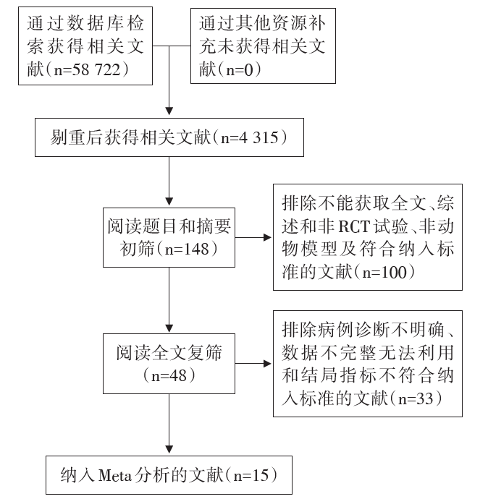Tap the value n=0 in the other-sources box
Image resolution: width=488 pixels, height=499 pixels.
coord(240,69)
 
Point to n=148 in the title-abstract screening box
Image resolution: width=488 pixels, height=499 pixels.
coord(187,249)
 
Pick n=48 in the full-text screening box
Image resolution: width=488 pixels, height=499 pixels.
coord(169,376)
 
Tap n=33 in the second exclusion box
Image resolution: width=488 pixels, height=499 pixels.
coord(416,398)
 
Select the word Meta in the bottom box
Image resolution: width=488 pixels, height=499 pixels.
coord(115,476)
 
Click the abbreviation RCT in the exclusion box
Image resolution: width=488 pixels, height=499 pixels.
coord(353,226)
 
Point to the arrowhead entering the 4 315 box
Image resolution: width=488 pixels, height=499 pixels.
coord(169,111)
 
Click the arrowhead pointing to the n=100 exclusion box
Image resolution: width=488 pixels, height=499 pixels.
coord(267,237)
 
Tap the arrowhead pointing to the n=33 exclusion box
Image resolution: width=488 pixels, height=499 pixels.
coord(267,364)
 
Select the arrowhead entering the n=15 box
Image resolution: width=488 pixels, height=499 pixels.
coord(169,449)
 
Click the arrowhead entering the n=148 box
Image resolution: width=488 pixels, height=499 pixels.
coord(169,202)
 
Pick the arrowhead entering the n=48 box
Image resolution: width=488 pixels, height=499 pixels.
coord(169,328)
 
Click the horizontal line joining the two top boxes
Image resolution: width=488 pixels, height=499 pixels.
coord(172,46)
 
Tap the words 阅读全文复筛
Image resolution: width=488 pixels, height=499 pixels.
coord(169,353)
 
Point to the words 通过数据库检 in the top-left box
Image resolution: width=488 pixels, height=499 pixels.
coord(85,23)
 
